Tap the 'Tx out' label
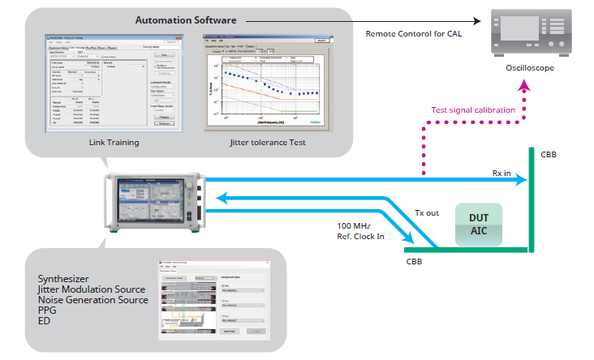tap(425, 212)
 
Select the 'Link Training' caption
tap(113, 143)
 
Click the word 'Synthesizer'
tap(67, 279)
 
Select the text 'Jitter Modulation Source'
tap(92, 289)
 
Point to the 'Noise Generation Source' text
tap(93, 300)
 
